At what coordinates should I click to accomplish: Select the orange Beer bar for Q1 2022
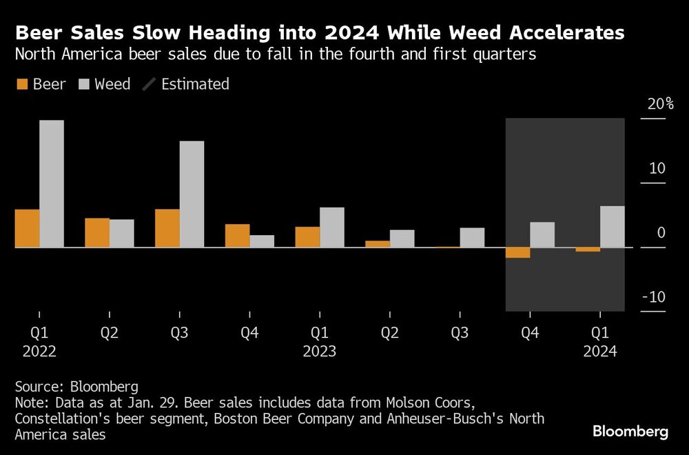coord(27,228)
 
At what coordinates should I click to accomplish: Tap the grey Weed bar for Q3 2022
coord(192,194)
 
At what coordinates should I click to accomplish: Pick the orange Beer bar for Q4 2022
coord(237,236)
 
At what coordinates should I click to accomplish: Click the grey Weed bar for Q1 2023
coord(332,228)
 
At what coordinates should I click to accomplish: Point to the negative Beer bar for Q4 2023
coord(517,252)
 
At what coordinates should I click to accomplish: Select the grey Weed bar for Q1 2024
coord(613,227)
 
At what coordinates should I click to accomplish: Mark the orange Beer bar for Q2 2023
coord(377,244)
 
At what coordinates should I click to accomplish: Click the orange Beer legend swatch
coord(21,85)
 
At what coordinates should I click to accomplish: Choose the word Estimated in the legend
coord(195,85)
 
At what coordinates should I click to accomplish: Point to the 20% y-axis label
coord(660,105)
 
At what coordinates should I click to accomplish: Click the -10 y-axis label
coord(655,297)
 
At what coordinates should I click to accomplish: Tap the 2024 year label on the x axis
coord(599,352)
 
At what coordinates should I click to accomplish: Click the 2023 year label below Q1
coord(319,352)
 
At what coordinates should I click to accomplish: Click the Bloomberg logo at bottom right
coord(630,432)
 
